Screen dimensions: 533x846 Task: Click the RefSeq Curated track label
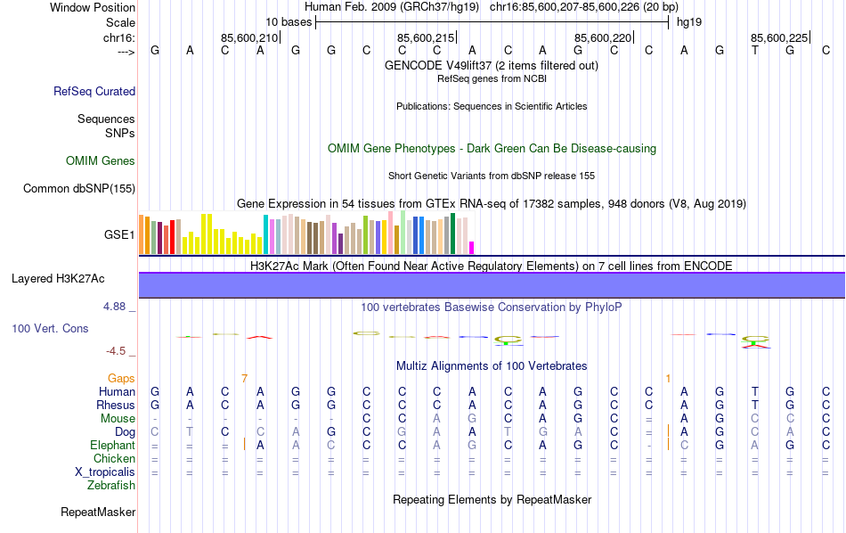point(94,91)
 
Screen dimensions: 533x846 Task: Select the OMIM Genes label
point(101,161)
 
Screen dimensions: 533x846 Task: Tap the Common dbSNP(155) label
point(79,188)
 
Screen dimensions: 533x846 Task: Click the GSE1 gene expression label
point(119,235)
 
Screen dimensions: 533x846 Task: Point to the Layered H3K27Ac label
point(58,279)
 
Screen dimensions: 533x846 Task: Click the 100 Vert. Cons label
point(50,329)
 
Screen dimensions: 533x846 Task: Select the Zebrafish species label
point(111,486)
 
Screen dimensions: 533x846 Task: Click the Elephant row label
point(112,445)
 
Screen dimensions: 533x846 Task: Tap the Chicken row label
point(114,458)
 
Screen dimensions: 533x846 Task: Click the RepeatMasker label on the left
point(98,512)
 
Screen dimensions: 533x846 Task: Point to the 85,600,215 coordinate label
point(426,37)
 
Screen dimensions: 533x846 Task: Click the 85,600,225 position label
point(779,37)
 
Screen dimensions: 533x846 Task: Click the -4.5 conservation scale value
point(119,351)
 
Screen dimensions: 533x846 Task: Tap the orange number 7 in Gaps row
point(244,378)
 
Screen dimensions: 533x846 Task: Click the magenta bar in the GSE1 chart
point(472,247)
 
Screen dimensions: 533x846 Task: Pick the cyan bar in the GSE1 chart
point(264,234)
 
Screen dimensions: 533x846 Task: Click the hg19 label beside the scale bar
point(689,21)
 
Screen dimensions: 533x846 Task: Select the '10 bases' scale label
point(289,21)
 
